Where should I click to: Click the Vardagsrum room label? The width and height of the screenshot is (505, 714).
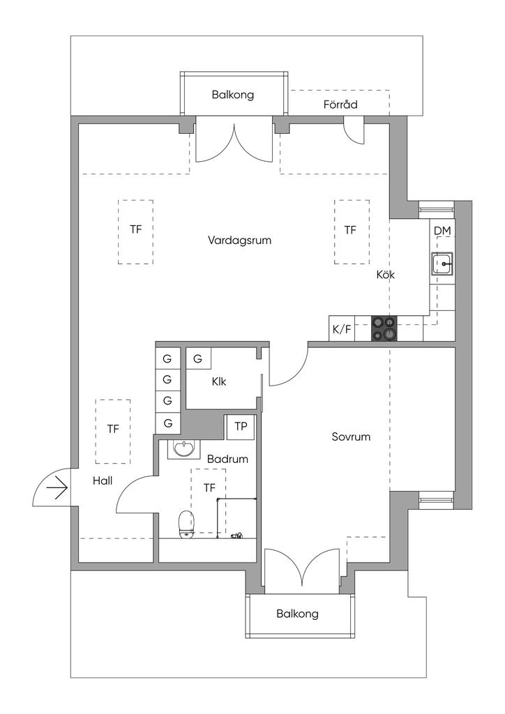pos(239,241)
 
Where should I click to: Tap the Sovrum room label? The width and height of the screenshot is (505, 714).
pos(350,437)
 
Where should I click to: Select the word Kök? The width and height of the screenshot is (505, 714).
pos(386,275)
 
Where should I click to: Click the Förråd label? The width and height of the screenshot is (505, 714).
pos(340,105)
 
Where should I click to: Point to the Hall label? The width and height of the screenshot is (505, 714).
pos(103,480)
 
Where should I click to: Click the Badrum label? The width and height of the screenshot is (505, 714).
pos(227,459)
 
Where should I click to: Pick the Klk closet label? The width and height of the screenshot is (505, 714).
pos(219,381)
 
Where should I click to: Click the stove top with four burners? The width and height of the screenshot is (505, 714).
pos(384,328)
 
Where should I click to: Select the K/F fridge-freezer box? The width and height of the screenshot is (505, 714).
pos(342,329)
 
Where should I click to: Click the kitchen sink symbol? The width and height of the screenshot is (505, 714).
pos(442,265)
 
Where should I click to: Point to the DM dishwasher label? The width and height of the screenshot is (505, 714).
pos(442,231)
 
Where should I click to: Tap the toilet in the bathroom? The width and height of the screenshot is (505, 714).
pos(186,524)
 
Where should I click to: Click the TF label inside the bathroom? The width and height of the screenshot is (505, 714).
pos(209,488)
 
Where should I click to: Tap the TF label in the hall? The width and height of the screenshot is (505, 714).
pos(113,429)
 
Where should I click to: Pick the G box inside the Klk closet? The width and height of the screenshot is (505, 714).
pos(198,359)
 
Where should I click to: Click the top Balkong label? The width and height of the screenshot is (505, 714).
pos(233,95)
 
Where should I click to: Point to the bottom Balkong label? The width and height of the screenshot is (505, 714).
pos(297,614)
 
